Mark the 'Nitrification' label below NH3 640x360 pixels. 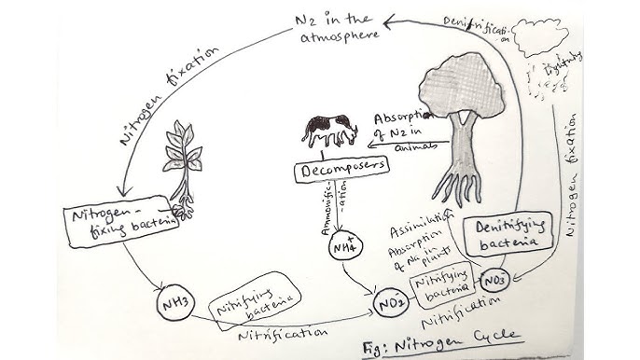pyautogui.click(x=282, y=331)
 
